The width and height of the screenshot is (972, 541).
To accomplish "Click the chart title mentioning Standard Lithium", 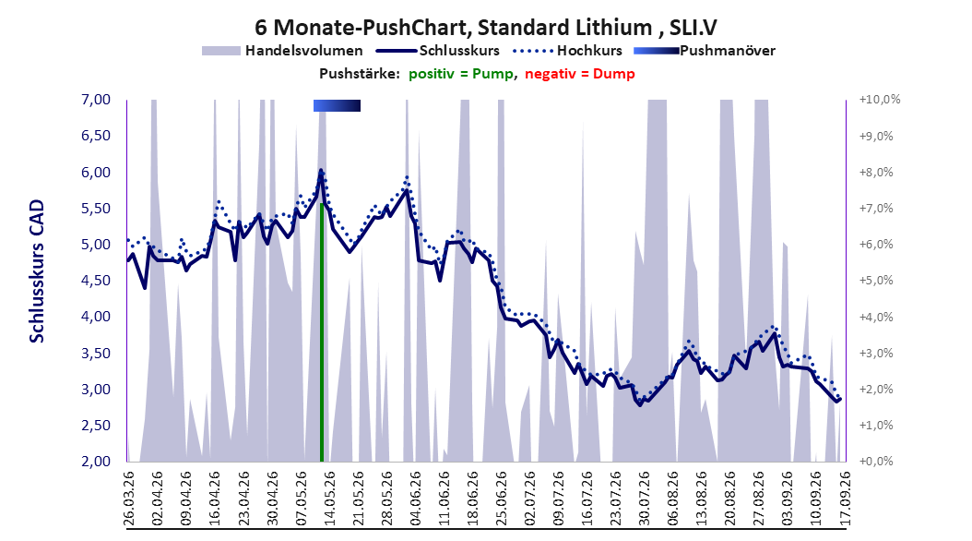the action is click(485, 28).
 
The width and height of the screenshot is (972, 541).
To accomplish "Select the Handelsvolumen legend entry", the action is click(282, 51).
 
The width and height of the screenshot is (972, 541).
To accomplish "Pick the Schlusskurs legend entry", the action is click(438, 51).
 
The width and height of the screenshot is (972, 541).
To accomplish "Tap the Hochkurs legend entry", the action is click(568, 51).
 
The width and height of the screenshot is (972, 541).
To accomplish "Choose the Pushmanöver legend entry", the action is click(705, 51).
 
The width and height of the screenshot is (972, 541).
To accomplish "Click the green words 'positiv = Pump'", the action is click(461, 74).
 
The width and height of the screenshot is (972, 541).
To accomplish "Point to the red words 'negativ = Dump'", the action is click(580, 74).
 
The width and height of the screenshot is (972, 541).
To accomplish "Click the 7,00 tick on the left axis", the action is click(96, 100).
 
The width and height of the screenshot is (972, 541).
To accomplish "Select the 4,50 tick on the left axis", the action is click(96, 281).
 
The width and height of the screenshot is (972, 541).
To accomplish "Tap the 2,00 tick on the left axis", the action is click(96, 462).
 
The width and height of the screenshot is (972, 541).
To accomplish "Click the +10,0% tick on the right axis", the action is click(880, 100).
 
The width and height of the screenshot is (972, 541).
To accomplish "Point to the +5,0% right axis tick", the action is click(876, 281).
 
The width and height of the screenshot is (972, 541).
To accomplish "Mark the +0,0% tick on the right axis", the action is click(876, 462).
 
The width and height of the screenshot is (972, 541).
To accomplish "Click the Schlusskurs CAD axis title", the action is click(37, 271).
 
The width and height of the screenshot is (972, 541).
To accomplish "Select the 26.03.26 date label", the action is click(129, 499).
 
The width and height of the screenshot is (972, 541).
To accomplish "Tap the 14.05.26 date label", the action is click(330, 499).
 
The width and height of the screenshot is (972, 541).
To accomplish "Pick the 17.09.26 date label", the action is click(845, 499).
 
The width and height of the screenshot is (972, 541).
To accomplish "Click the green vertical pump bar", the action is click(322, 332).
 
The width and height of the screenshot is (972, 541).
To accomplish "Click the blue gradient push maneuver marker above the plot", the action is click(337, 105).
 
